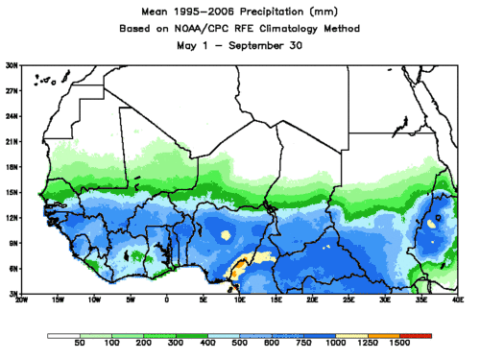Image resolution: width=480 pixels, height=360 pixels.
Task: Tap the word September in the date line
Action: (253, 46)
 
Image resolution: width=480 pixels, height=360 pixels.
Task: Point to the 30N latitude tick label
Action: (11, 65)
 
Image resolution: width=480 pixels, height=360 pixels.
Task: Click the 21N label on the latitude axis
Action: (11, 141)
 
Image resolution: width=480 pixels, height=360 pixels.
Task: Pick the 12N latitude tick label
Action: (11, 217)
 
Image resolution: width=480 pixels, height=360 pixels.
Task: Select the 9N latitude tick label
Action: (12, 243)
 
